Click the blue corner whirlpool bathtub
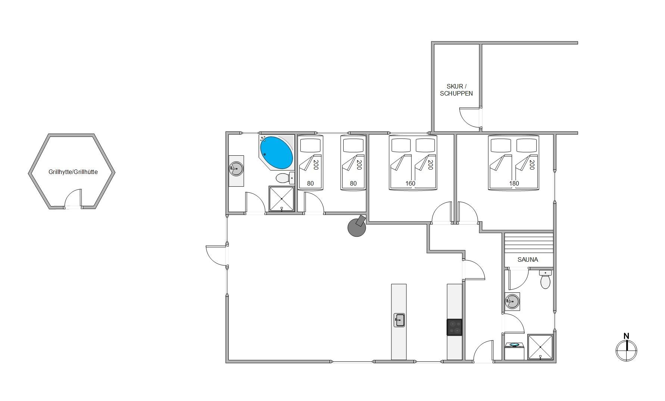[x=276, y=153]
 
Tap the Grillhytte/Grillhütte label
[x=73, y=172]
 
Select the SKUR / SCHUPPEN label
[x=456, y=90]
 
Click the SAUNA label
[x=528, y=259]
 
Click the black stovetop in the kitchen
[x=455, y=327]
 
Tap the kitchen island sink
[x=399, y=320]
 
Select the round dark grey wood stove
[x=357, y=226]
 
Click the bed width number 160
[x=410, y=183]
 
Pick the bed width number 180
[x=514, y=183]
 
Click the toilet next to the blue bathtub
[x=285, y=178]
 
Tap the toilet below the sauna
[x=545, y=280]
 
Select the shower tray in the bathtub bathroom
[x=281, y=199]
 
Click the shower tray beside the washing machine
[x=540, y=347]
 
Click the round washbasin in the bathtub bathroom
[x=236, y=169]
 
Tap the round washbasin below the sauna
[x=512, y=301]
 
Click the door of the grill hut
[x=73, y=199]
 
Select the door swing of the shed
[x=469, y=117]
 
